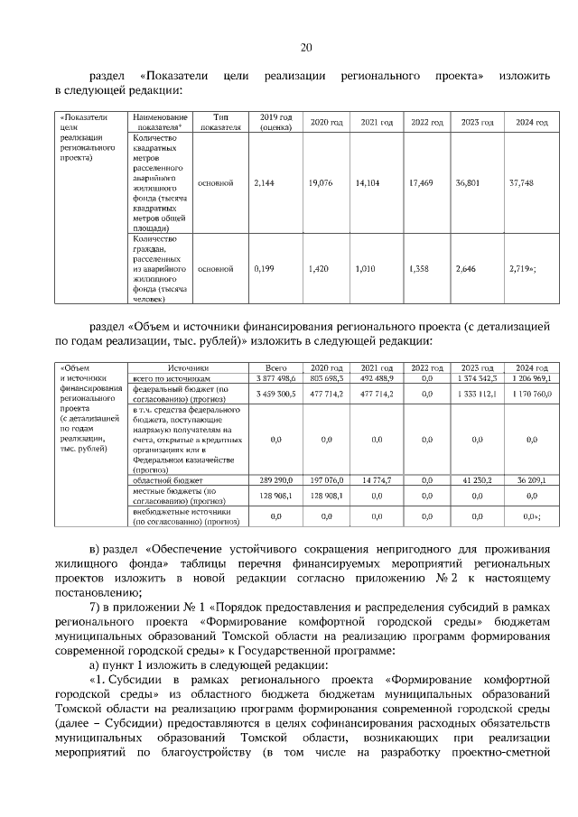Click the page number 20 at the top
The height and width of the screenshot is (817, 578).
tap(305, 48)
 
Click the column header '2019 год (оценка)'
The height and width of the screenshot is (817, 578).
tap(276, 123)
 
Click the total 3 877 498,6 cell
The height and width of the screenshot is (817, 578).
tap(276, 379)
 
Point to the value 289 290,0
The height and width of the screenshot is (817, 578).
tap(276, 480)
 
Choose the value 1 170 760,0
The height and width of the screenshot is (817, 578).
tap(527, 395)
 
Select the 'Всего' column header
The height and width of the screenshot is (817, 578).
tap(276, 368)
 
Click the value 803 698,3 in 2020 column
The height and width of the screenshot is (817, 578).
tap(326, 379)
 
